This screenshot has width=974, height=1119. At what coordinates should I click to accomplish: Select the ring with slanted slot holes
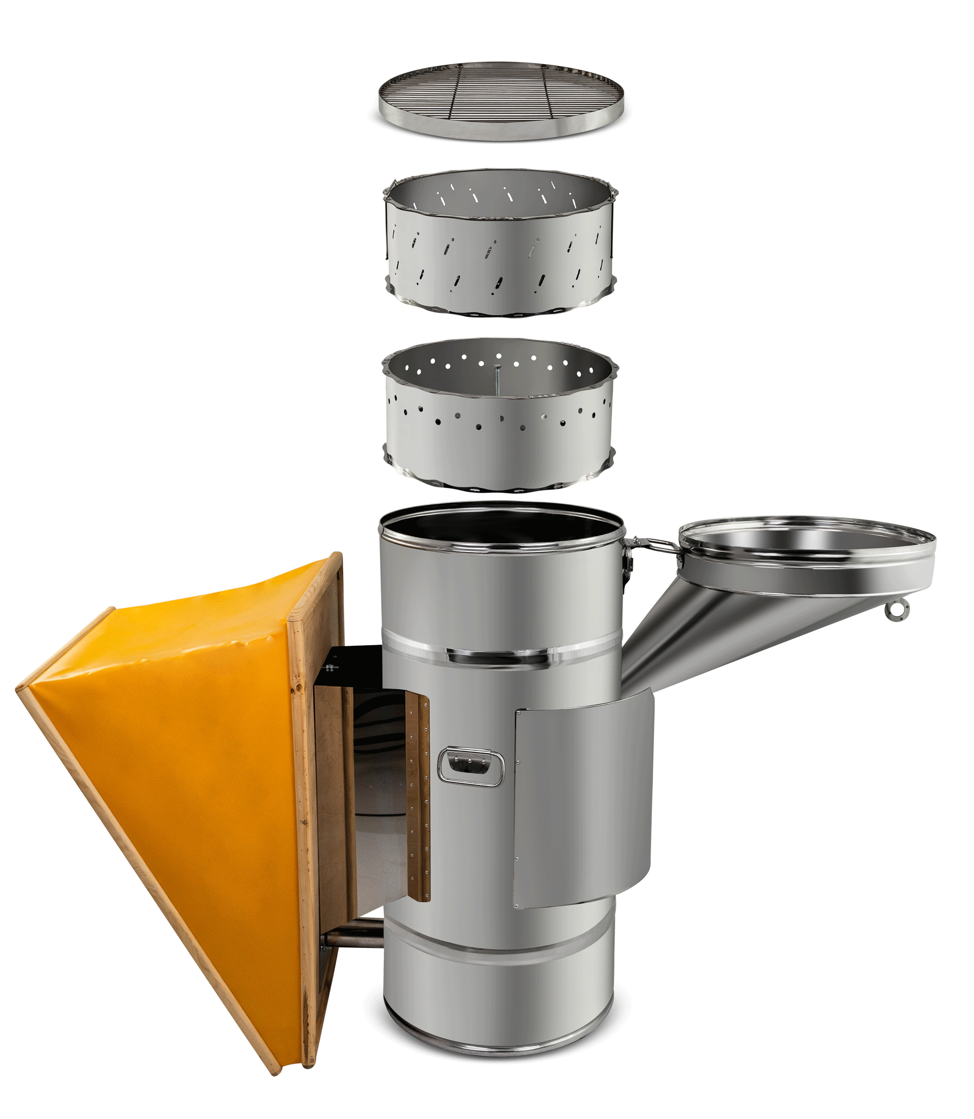500,256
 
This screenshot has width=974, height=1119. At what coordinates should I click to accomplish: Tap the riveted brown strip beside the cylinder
418,799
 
